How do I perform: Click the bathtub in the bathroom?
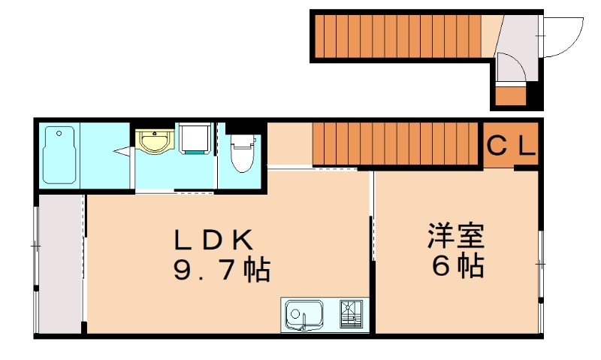60,155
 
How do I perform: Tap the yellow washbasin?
156,141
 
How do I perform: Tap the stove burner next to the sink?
351,314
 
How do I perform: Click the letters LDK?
213,240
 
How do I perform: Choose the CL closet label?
511,145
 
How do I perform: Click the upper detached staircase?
396,37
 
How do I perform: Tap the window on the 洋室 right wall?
539,264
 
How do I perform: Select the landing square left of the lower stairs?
289,143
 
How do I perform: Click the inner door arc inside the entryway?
511,69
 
